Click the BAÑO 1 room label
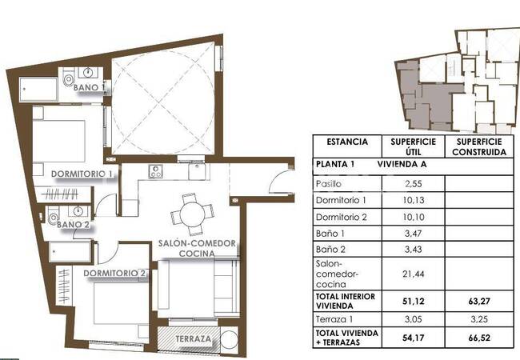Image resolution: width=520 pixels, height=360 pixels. (90, 87)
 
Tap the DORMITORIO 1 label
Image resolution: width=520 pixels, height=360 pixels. (82, 174)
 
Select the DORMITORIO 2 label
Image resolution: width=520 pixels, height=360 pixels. (114, 273)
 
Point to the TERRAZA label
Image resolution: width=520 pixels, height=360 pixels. (193, 338)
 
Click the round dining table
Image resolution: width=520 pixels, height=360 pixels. (193, 214)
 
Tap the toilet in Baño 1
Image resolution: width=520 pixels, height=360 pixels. (69, 78)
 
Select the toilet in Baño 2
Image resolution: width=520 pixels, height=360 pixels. (53, 217)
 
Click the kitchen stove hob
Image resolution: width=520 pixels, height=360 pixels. (155, 171)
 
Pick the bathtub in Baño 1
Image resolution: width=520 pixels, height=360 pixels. (38, 89)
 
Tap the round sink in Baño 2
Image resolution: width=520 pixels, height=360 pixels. (78, 211)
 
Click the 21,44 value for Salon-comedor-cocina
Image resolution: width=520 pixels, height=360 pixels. (413, 274)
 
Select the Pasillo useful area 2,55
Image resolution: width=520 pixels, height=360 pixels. (414, 184)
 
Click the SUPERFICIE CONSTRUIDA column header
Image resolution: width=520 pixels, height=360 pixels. (479, 147)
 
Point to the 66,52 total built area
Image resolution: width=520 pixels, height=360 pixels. (479, 338)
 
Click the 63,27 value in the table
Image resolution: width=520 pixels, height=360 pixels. (479, 302)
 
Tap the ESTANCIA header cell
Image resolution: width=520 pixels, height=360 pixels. (347, 142)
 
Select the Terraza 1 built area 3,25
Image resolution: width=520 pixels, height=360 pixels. (479, 319)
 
